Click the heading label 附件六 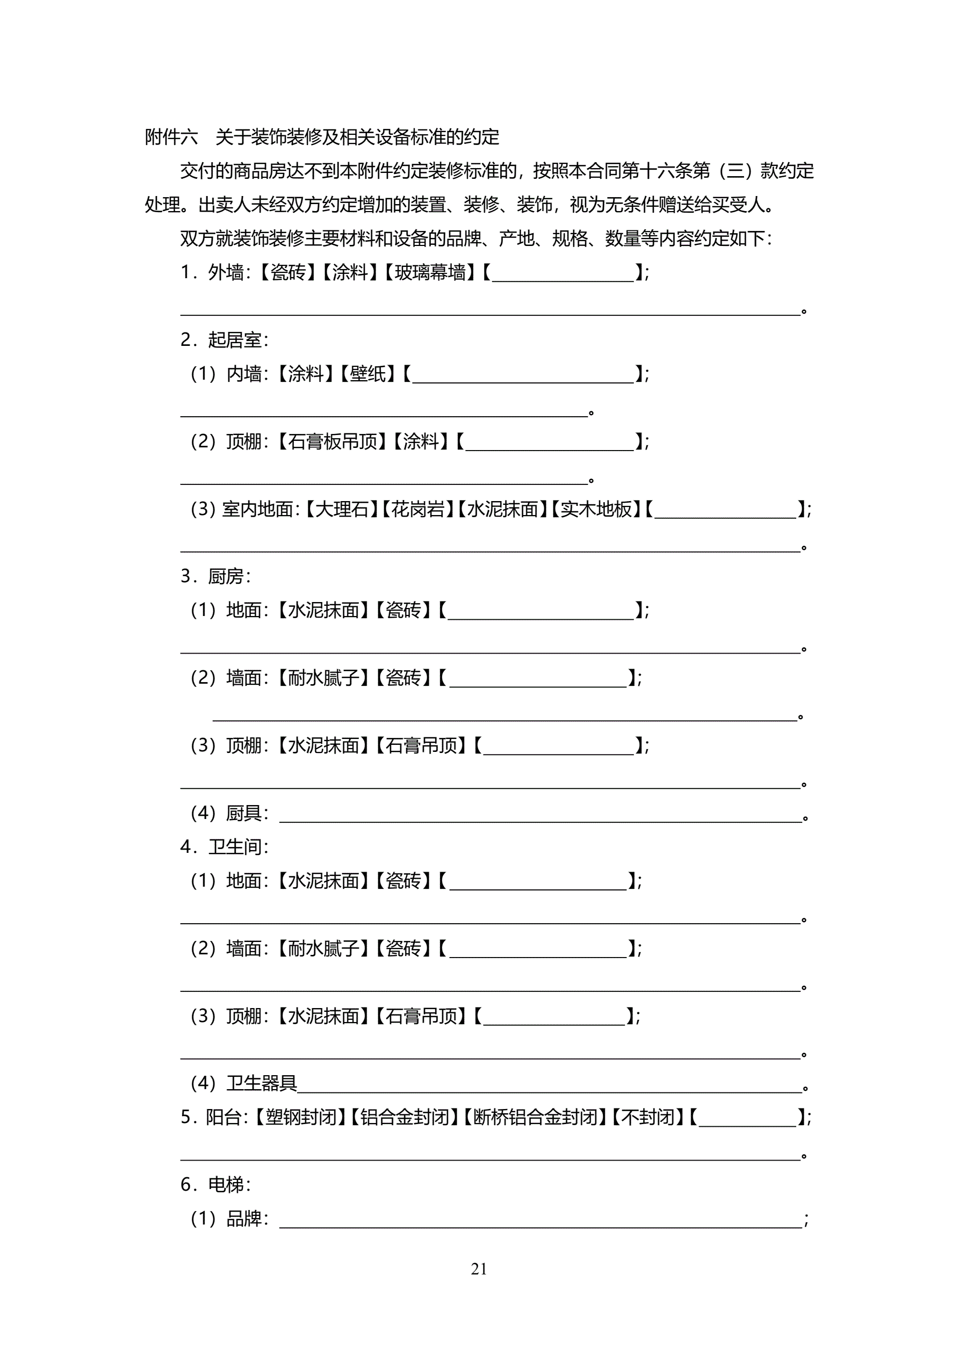pyautogui.click(x=171, y=137)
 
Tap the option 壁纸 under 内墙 pyautogui.click(x=368, y=374)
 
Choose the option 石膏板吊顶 pyautogui.click(x=333, y=441)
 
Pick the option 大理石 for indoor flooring pyautogui.click(x=342, y=509)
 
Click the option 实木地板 pyautogui.click(x=596, y=509)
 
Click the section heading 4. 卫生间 pyautogui.click(x=225, y=847)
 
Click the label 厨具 pyautogui.click(x=244, y=813)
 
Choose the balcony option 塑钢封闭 pyautogui.click(x=300, y=1117)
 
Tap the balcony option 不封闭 pyautogui.click(x=648, y=1117)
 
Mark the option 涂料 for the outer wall pyautogui.click(x=350, y=273)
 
